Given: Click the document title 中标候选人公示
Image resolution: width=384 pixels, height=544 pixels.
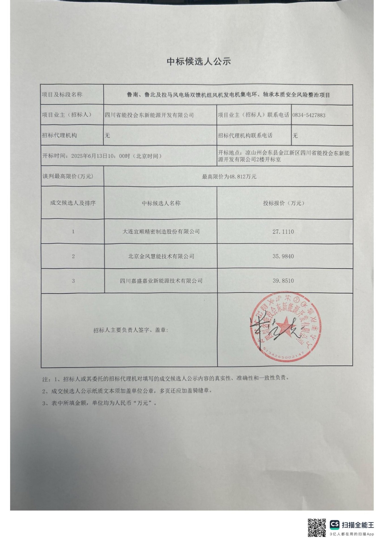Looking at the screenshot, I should pos(199,61).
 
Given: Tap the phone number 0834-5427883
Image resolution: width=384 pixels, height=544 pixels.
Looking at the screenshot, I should pos(309,115).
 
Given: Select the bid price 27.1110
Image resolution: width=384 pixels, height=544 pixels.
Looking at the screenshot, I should pos(283,231).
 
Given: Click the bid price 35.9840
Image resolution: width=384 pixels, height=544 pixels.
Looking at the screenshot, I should pos(283,256).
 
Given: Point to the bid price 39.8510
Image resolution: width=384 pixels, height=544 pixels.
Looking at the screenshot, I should pos(283,281).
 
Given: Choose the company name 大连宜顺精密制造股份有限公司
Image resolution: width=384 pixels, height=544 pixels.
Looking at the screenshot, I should pos(161,231).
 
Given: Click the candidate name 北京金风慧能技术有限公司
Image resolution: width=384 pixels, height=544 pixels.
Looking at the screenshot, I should pos(161,256).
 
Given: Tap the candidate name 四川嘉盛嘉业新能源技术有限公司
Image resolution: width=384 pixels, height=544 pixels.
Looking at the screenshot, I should pos(161,281).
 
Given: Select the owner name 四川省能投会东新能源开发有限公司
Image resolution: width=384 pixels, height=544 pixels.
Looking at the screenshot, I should pos(149,115).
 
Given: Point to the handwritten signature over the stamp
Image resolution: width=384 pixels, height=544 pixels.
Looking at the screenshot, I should pos(272,330).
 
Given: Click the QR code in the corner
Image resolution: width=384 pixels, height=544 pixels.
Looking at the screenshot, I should pos(317,527).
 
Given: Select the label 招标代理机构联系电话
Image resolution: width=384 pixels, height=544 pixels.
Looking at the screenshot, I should pos(245,135).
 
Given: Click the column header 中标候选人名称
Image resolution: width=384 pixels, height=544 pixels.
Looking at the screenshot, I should pos(161,203).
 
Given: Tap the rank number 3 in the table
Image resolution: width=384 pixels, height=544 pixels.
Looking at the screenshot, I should pos(73,281).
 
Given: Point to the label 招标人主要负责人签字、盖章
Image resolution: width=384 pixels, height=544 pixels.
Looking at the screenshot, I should pos(131,330).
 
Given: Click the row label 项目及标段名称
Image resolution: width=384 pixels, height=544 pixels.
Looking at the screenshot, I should pos(62,95).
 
